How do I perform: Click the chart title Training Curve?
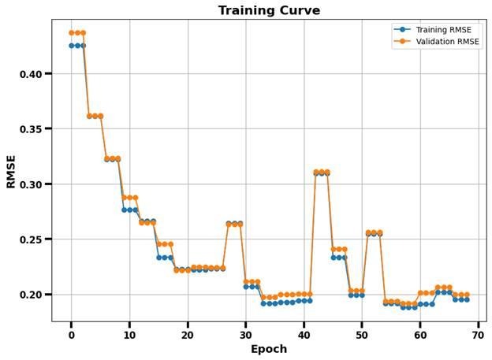click(x=269, y=10)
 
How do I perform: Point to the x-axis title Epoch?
click(x=269, y=349)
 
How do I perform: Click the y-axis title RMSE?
click(x=11, y=170)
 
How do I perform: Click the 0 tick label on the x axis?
click(x=72, y=334)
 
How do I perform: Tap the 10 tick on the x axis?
click(x=130, y=334)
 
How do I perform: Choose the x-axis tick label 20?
click(x=188, y=334)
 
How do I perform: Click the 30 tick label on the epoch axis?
click(x=246, y=334)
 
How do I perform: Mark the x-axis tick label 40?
click(x=304, y=334)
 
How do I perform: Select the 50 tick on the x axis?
click(x=363, y=334)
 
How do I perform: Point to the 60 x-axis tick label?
click(x=420, y=334)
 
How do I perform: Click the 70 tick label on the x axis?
click(x=479, y=334)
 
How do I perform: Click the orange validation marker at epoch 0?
click(x=72, y=33)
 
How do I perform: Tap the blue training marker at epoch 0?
click(x=72, y=46)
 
